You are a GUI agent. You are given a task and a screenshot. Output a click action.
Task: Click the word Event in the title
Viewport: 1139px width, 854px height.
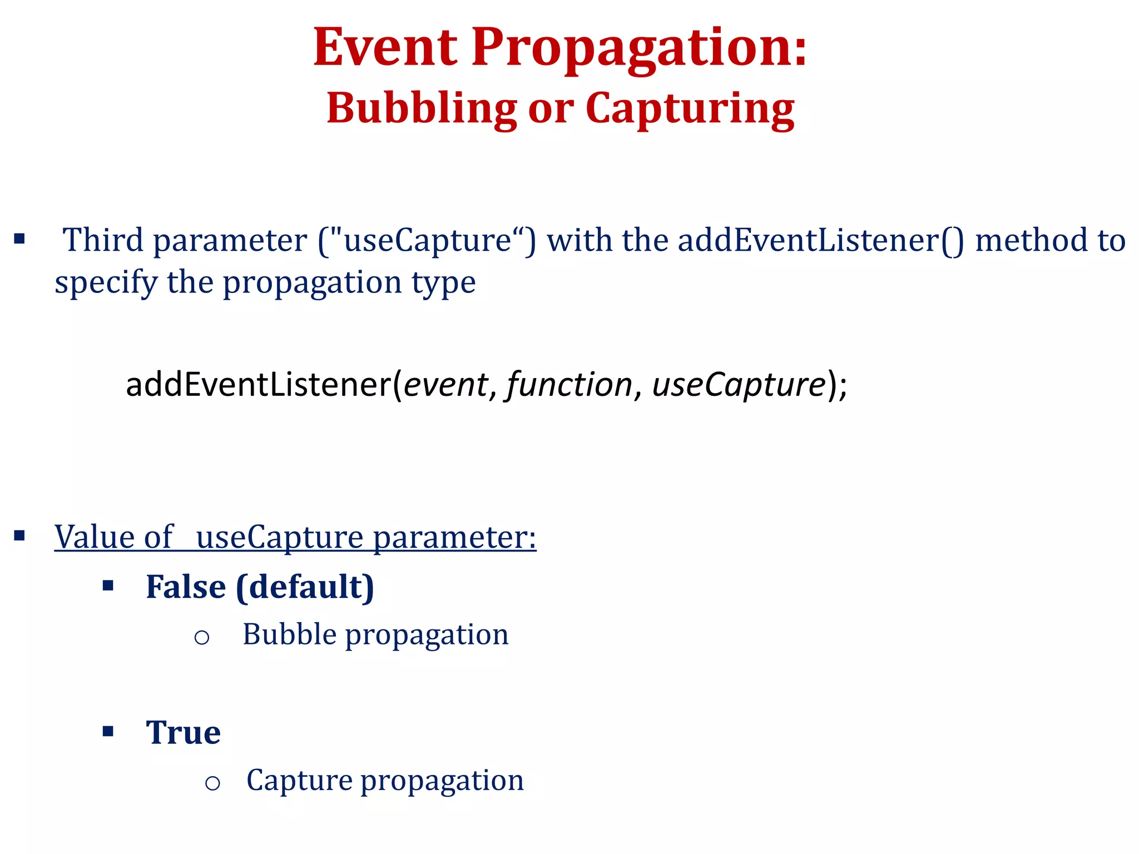(x=385, y=48)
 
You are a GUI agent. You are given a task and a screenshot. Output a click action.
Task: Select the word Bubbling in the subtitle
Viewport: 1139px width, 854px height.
(x=422, y=108)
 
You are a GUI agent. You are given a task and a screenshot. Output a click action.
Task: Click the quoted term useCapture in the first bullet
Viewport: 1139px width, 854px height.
(x=427, y=241)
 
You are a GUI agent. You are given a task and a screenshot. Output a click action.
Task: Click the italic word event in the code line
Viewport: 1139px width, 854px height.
(x=445, y=385)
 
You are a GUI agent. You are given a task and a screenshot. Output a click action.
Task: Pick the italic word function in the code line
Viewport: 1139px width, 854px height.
(x=568, y=385)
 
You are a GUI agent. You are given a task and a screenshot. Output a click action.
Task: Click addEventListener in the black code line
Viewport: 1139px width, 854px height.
(x=259, y=385)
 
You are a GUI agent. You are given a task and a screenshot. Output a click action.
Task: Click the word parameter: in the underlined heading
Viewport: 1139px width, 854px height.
(x=454, y=538)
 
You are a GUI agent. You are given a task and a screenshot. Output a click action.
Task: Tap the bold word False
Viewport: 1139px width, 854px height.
(x=186, y=587)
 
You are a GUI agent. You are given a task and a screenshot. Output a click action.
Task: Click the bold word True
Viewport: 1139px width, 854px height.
(x=183, y=733)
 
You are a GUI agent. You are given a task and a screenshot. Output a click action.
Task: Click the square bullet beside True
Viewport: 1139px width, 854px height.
(x=108, y=731)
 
